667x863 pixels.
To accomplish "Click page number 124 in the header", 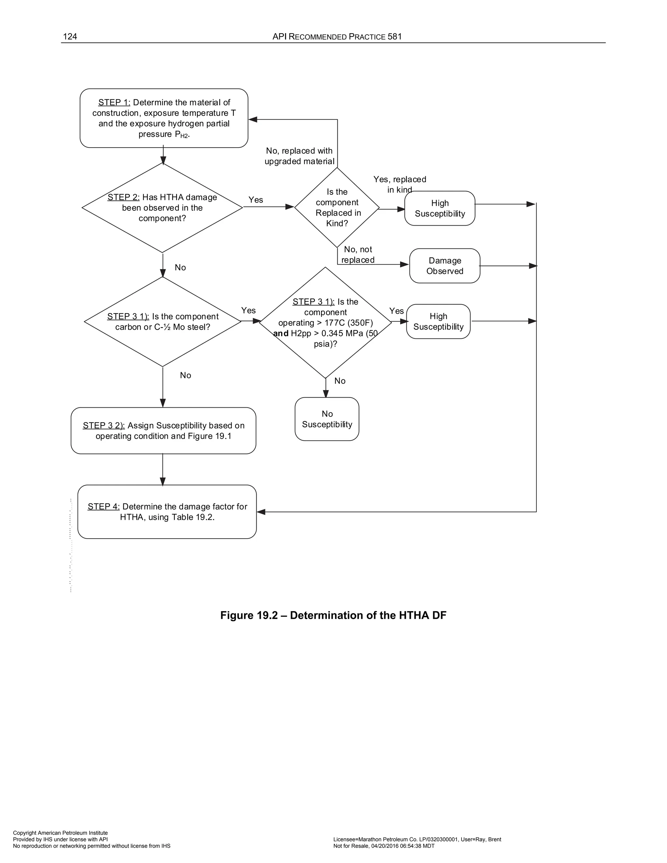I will tap(70, 37).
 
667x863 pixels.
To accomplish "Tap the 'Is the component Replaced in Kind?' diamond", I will tap(337, 207).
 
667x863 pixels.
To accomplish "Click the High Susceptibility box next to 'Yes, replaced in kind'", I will tap(440, 208).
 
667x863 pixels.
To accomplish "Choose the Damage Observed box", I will tap(445, 266).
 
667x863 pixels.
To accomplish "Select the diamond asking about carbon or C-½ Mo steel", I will tap(163, 322).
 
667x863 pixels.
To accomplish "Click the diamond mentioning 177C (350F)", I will tap(325, 322).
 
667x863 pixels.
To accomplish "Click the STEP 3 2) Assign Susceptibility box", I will tap(163, 431).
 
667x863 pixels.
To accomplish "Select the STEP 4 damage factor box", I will tap(167, 512).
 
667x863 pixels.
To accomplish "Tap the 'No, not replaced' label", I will tap(358, 254).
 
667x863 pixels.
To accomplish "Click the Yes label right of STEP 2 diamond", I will tap(256, 200).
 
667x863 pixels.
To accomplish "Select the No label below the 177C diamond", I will tap(339, 381).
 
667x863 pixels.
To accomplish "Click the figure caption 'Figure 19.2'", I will tap(333, 615).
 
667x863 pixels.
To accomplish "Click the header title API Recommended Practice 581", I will tap(337, 37).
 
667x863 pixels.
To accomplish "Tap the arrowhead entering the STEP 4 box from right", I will tap(261, 512).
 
